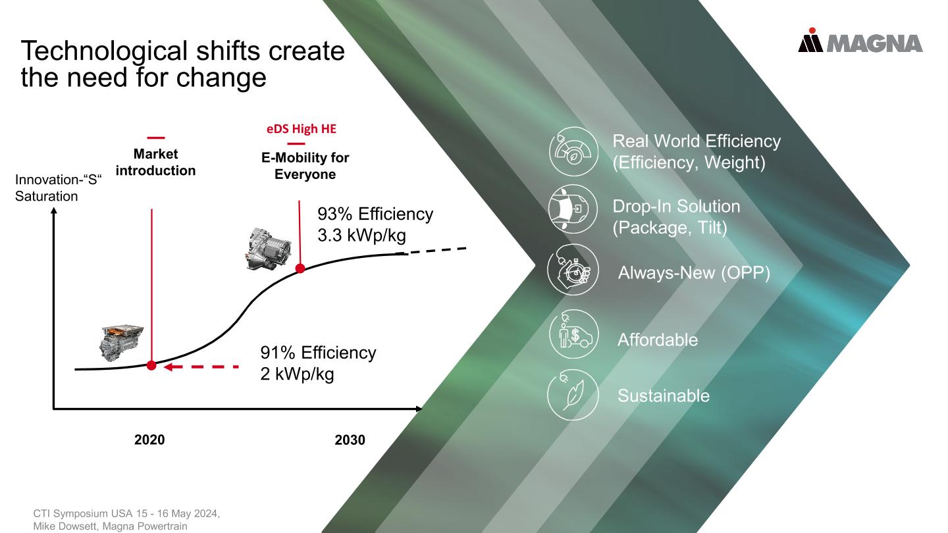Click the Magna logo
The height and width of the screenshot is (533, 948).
[860, 40]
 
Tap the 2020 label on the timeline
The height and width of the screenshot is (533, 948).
[149, 440]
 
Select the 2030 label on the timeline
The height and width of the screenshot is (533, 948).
[350, 440]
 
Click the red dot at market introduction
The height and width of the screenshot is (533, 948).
[151, 365]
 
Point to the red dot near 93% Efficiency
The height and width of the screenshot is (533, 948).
[300, 268]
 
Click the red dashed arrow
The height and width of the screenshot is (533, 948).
[201, 367]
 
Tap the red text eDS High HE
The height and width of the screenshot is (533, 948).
[302, 128]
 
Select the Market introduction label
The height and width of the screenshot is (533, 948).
[156, 162]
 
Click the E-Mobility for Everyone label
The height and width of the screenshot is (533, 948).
[305, 166]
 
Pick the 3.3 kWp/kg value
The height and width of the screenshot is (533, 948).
[362, 235]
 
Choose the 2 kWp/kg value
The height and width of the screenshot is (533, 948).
[297, 374]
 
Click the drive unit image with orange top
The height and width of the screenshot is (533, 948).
[121, 343]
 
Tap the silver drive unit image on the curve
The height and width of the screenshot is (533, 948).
[269, 249]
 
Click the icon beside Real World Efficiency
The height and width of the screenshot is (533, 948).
[573, 151]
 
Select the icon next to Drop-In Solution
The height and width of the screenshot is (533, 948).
[573, 209]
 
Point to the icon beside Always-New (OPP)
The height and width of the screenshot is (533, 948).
[573, 270]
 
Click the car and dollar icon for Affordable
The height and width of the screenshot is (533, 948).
[573, 334]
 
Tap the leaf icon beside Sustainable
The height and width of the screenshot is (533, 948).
[573, 395]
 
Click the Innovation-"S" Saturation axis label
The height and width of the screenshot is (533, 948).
[59, 188]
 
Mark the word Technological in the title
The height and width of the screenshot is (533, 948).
[104, 51]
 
